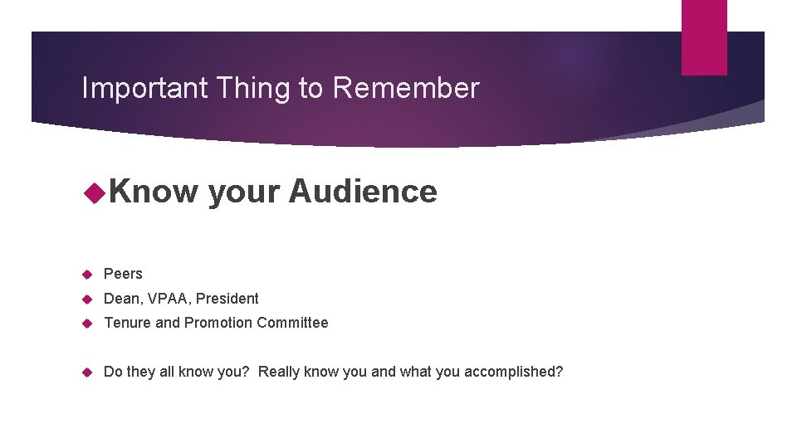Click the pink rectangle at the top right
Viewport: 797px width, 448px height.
(x=704, y=37)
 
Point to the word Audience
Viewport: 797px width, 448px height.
(x=363, y=192)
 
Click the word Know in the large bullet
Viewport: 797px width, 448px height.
(x=154, y=192)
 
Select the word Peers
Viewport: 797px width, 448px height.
(x=123, y=274)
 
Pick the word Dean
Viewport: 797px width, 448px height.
(x=121, y=299)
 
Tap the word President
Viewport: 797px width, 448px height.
(x=227, y=299)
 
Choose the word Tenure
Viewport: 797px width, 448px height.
(x=126, y=323)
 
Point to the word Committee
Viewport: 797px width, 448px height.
(x=292, y=323)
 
